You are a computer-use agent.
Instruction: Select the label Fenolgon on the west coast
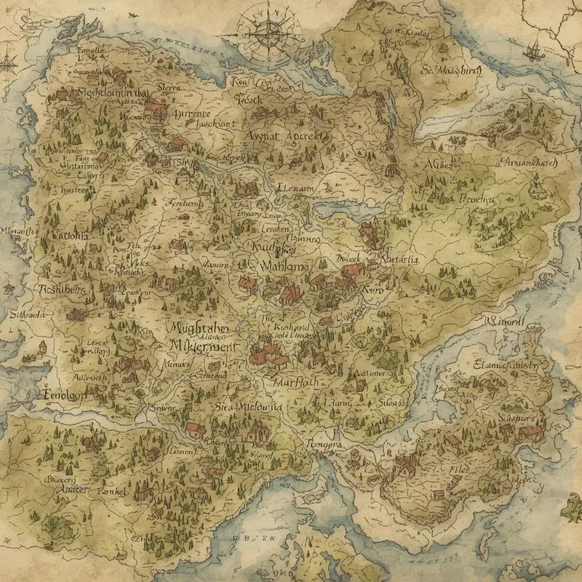[x=62, y=394]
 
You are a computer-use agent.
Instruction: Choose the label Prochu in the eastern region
[x=476, y=199]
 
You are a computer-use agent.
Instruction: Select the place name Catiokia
[x=69, y=236]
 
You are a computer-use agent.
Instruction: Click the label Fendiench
[x=185, y=204]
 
